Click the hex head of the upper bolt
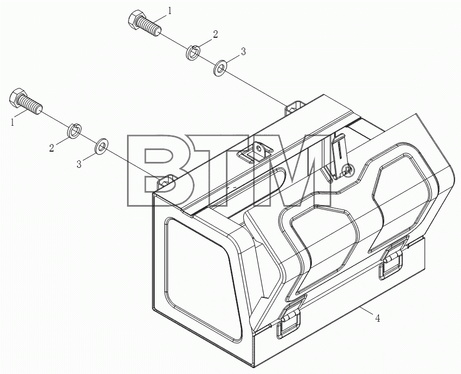[x=135, y=19]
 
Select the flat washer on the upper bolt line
[x=219, y=68]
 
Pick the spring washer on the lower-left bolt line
[x=75, y=131]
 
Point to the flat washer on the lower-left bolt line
[x=101, y=146]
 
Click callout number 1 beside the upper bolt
[x=169, y=11]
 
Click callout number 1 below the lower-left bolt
[x=12, y=122]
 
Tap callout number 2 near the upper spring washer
[x=216, y=35]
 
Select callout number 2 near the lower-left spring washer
[x=52, y=148]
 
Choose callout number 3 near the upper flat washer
[x=243, y=52]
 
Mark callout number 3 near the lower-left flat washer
[x=79, y=164]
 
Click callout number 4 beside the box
[x=377, y=318]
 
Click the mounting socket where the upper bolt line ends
[x=295, y=108]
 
